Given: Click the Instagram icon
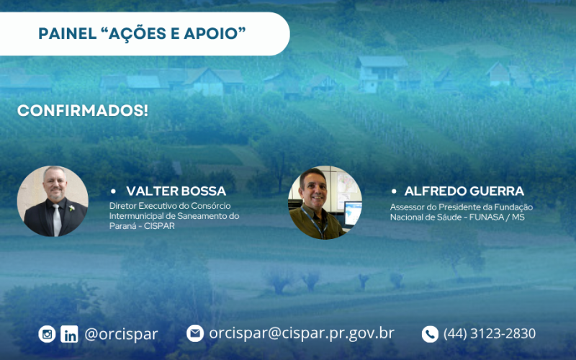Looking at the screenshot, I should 47,334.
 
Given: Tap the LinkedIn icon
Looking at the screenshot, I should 69,334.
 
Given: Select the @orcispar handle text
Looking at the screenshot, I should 121,334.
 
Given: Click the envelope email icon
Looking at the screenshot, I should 195,333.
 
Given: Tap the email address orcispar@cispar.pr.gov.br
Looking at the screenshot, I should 302,333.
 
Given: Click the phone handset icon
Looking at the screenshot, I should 430,334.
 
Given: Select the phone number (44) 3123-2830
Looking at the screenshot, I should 490,334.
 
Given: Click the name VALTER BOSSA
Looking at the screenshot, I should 176,192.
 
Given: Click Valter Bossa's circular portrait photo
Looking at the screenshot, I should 53,202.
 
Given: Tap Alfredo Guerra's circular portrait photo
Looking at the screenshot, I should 325,203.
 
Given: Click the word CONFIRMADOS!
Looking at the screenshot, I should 83,111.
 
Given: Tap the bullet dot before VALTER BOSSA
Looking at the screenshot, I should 113,192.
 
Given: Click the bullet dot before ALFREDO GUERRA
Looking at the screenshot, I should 394,192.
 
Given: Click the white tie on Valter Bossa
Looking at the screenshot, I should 56,220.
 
